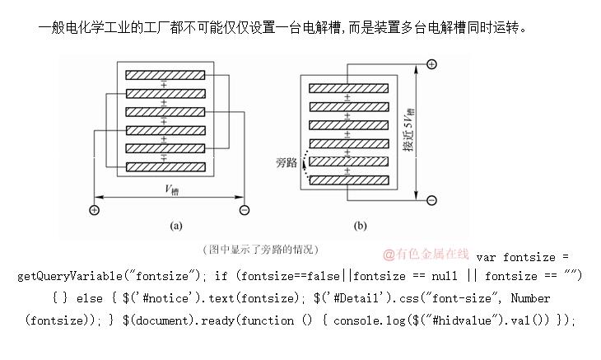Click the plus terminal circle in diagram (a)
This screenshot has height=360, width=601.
tap(95, 210)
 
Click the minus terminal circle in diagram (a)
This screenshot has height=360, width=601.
tap(245, 210)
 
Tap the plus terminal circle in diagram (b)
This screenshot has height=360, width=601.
tap(431, 64)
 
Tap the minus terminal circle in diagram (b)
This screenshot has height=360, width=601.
tap(431, 199)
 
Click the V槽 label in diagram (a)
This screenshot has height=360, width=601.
tap(171, 189)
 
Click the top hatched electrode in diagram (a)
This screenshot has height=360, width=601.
tap(165, 74)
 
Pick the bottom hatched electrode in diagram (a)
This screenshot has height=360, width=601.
tap(165, 166)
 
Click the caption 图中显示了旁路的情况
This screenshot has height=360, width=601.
tap(259, 249)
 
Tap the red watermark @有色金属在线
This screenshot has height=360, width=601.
tap(426, 255)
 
